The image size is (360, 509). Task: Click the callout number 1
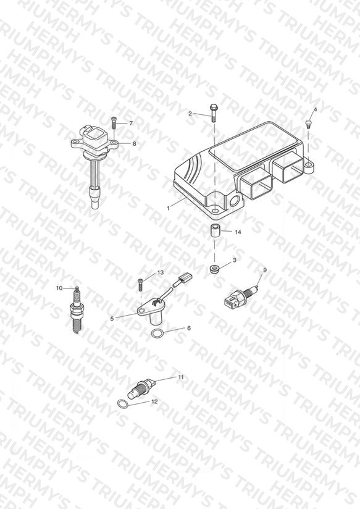pos(168,208)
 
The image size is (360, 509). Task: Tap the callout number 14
pos(238,232)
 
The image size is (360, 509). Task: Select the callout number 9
pos(264,270)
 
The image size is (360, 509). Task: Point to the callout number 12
pos(154,402)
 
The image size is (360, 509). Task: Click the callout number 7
pos(131,123)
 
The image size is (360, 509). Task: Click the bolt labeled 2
pos(213,112)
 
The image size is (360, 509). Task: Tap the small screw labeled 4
pos(308,124)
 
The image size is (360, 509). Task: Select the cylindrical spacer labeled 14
pos(214,230)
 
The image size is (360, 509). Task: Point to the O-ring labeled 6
pos(157,333)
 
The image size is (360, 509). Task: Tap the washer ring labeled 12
pos(123,404)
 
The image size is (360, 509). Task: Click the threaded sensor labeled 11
pos(141,389)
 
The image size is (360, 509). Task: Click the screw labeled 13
pos(141,285)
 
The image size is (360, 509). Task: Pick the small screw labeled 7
pos(114,122)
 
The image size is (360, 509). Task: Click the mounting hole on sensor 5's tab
pos(142,311)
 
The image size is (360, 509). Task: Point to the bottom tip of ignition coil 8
pos(95,206)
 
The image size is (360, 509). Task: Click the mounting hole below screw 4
pos(308,166)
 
